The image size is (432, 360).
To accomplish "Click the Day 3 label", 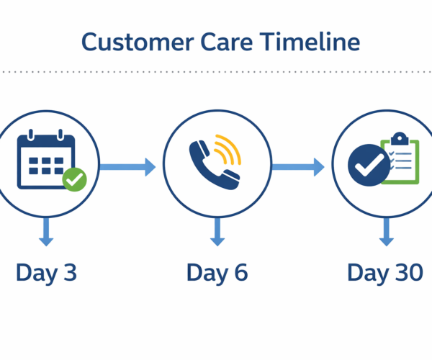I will (x=46, y=273).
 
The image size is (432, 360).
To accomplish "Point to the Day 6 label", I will (x=217, y=273).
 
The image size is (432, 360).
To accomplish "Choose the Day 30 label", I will (x=385, y=273).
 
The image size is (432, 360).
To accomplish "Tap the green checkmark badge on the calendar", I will (x=74, y=179).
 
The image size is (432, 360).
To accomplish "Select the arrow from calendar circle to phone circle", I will (x=127, y=167).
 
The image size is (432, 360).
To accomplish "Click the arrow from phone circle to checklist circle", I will (x=297, y=167).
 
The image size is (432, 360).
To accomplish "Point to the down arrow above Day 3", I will (x=46, y=232).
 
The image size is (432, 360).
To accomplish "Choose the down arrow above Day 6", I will (x=217, y=232).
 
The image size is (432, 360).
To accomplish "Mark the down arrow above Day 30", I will (x=386, y=232).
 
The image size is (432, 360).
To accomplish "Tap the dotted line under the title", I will (x=216, y=72).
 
